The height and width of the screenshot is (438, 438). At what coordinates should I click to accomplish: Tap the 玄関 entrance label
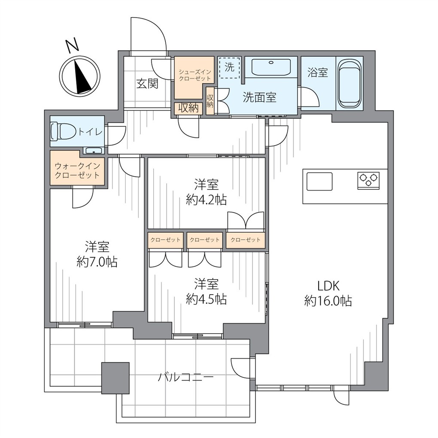[147, 84]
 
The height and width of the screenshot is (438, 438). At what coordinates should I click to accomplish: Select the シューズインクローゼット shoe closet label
[195, 75]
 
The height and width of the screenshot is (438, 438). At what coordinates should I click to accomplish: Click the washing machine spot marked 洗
[229, 67]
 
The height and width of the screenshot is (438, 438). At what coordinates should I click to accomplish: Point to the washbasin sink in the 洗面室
[271, 67]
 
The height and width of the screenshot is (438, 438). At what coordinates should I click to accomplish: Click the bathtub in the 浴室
[350, 84]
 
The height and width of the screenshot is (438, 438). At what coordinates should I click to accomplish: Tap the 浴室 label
[318, 72]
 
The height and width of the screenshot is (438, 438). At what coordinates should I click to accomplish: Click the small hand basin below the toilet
[94, 151]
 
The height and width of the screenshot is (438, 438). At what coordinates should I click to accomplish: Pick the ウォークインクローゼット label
[77, 170]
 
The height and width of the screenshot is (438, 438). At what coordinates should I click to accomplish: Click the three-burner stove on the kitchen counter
[368, 180]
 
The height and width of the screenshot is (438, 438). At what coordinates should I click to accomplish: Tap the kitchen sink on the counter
[319, 182]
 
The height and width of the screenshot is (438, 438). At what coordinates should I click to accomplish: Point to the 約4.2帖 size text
[206, 200]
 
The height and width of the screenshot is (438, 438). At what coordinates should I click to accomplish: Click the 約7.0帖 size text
[97, 262]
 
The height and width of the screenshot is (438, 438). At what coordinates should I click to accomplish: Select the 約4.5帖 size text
[206, 299]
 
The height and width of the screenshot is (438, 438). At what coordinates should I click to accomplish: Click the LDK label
[328, 286]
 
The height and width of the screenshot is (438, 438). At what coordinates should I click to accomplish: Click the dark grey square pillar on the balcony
[116, 378]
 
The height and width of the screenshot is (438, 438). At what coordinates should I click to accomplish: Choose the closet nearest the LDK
[246, 240]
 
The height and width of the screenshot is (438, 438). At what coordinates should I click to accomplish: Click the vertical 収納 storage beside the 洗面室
[210, 101]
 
